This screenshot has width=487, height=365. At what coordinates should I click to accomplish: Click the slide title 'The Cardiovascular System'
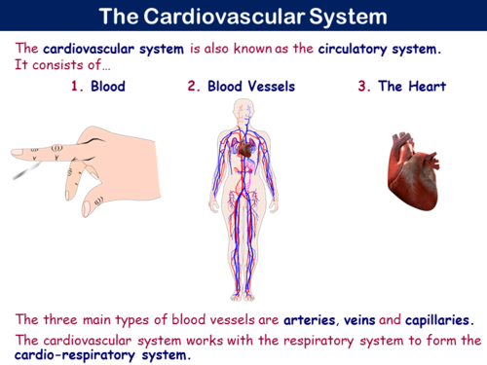click(x=243, y=17)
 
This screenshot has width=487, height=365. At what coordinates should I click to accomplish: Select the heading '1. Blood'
click(x=97, y=87)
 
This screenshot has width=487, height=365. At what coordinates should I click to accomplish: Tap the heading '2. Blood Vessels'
click(x=242, y=87)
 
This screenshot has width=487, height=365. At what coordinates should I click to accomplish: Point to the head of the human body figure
click(x=243, y=109)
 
